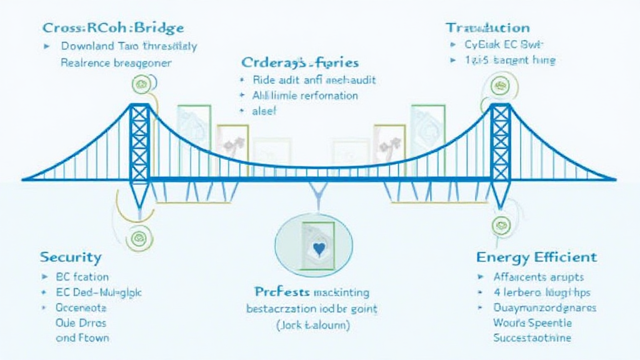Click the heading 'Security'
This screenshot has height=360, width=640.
pyautogui.click(x=71, y=257)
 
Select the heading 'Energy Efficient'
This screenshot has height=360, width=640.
pyautogui.click(x=536, y=257)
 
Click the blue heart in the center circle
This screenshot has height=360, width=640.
pyautogui.click(x=318, y=249)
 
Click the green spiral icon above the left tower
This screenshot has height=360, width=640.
pyautogui.click(x=140, y=84)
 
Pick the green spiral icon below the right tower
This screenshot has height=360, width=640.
pyautogui.click(x=500, y=226)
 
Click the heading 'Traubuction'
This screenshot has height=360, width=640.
pyautogui.click(x=487, y=27)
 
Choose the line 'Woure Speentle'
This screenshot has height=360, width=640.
pyautogui.click(x=532, y=323)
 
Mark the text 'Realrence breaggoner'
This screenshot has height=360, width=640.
pyautogui.click(x=116, y=62)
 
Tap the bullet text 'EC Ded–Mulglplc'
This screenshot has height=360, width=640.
pyautogui.click(x=99, y=292)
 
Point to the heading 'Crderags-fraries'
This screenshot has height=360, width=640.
pyautogui.click(x=300, y=62)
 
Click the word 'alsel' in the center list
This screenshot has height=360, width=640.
pyautogui.click(x=264, y=111)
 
